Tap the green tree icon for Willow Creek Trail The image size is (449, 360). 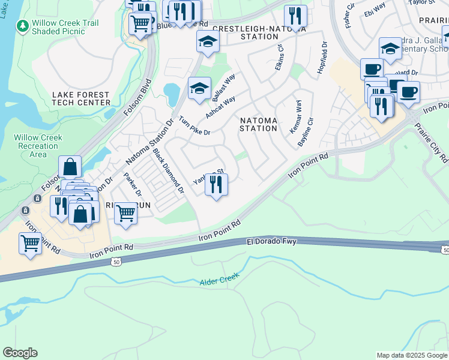pos(23,26)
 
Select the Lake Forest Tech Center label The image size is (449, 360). pos(81,99)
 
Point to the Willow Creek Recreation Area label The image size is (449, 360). pos(38,146)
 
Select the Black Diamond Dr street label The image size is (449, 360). pos(168,172)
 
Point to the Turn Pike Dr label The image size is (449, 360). pos(194,125)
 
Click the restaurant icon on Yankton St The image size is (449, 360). pos(216,184)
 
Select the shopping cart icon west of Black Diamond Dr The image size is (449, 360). pos(125,212)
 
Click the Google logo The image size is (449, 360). pos(20,353)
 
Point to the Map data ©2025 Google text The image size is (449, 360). pos(411,355)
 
